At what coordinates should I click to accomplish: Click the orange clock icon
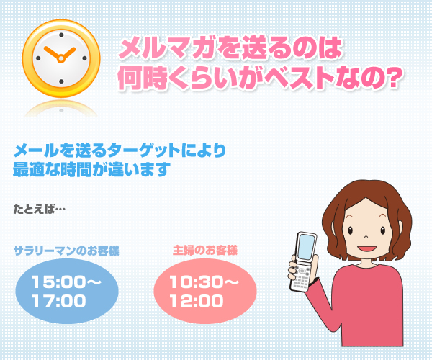[61, 58]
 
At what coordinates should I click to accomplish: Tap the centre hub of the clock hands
[61, 58]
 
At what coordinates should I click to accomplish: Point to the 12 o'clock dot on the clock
[61, 35]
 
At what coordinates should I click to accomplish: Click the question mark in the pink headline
[391, 78]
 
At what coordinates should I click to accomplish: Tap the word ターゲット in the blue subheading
[144, 150]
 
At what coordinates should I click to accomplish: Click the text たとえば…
[40, 209]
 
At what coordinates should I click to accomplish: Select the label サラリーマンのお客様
[66, 251]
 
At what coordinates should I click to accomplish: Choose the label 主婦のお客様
[204, 251]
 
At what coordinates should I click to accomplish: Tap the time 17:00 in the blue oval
[59, 301]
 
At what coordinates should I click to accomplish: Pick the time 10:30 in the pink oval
[196, 282]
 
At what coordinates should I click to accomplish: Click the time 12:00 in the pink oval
[196, 301]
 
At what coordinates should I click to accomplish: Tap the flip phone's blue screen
[307, 247]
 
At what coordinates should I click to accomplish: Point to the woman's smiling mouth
[367, 248]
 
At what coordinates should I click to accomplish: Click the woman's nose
[366, 237]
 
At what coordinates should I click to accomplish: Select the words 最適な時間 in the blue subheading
[53, 169]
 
